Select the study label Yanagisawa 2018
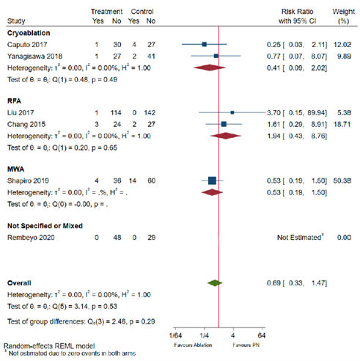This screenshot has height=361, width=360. [32, 55]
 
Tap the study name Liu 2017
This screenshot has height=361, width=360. [20, 113]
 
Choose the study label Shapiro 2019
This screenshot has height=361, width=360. [27, 181]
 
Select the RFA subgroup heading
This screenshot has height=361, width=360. [14, 101]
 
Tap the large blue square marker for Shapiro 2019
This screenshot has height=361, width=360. [212, 181]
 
